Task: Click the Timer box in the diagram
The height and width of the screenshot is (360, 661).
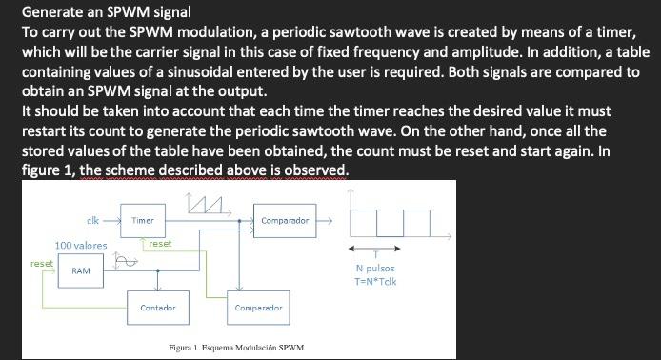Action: coord(143,221)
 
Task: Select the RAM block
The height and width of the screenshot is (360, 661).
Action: coord(81,272)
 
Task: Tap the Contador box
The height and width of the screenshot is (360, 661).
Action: coord(157,308)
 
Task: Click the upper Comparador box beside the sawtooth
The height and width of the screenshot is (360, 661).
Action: coord(284,221)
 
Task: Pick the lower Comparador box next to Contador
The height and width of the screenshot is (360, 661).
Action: coord(258,308)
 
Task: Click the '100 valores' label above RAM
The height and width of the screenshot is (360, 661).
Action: coord(80,246)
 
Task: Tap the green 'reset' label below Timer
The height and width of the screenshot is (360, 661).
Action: coord(159,244)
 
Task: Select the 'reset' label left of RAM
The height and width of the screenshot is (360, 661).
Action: coord(42,262)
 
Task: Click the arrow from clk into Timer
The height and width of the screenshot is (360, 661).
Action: coord(112,221)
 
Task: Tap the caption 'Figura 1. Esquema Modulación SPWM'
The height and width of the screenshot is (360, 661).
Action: coord(235,348)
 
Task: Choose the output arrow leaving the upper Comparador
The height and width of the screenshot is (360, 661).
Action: coord(326,221)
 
